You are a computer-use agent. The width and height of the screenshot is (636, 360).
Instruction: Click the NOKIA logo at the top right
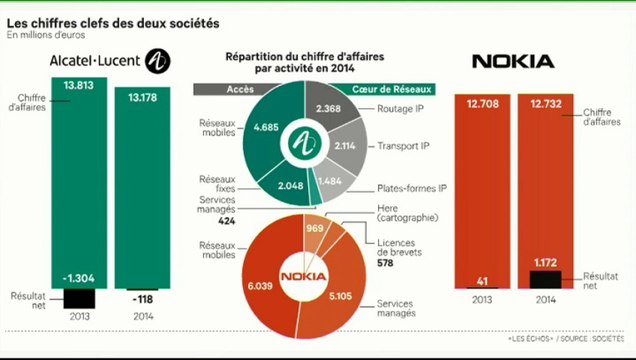tap(513, 62)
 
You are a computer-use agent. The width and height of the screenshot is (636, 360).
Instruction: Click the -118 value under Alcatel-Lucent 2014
tap(144, 297)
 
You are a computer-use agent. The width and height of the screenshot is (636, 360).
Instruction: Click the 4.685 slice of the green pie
tap(264, 128)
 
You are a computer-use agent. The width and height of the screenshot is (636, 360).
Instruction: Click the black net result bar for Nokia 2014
tap(544, 278)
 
